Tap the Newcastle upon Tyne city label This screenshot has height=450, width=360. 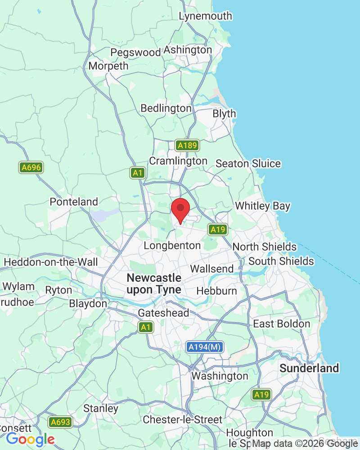coord(154,283)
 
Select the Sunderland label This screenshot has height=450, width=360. coord(309,368)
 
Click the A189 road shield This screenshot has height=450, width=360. coord(187,145)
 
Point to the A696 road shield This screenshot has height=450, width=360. coord(31,168)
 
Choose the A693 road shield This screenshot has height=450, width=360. coord(60,422)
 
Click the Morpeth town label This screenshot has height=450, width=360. coord(108,66)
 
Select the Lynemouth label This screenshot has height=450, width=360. coord(205,16)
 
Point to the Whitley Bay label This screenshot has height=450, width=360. coord(263,206)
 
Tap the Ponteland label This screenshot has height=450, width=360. coord(74,202)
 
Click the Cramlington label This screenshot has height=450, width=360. coord(178,161)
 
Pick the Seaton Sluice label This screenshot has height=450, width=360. coord(248,163)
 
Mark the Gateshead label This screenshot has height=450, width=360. coord(163,313)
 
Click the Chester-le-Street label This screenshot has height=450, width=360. coord(182,420)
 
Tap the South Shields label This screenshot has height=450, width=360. coord(281,261)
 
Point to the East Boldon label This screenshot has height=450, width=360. coord(282,324)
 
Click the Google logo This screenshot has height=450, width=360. coord(30,439)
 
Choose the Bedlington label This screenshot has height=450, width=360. coord(166,108)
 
